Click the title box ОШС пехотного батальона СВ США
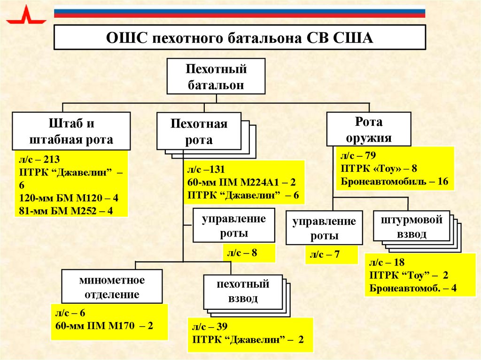click(240, 38)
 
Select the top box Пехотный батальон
click(216, 77)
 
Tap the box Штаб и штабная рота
click(71, 131)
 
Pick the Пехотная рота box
click(199, 131)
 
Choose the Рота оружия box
click(369, 130)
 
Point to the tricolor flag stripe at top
click(240, 12)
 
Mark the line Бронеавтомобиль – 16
click(395, 182)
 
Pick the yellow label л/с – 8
click(242, 253)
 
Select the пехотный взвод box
click(243, 291)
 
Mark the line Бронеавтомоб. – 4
click(413, 288)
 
